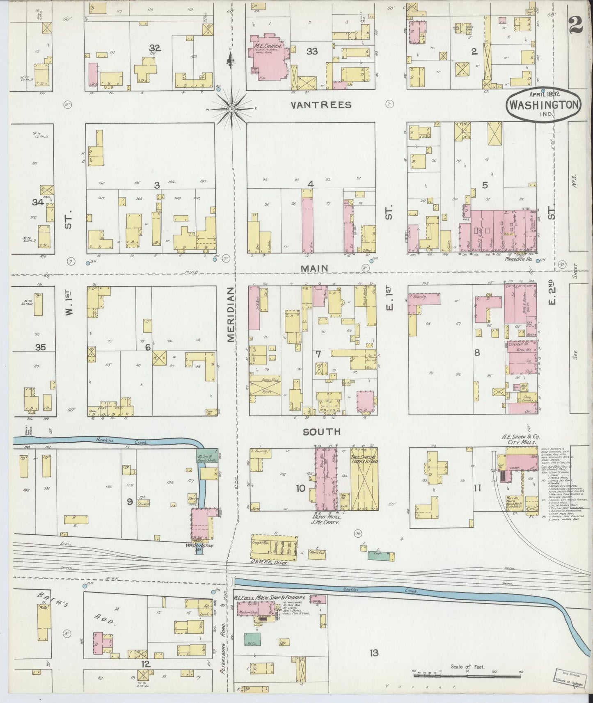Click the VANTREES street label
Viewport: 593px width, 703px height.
click(321, 105)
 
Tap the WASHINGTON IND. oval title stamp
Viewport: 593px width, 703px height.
click(544, 105)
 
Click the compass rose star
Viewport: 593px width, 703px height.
click(231, 109)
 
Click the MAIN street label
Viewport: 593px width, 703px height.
click(314, 268)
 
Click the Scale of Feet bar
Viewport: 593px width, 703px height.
click(467, 674)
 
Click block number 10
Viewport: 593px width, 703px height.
click(300, 488)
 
